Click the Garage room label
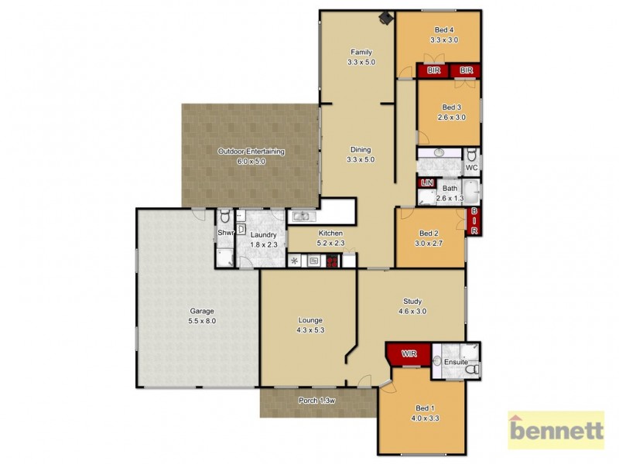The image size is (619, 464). [x=200, y=316]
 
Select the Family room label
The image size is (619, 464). [x=361, y=57]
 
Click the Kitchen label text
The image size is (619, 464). [x=330, y=238]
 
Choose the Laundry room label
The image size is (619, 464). [x=263, y=240]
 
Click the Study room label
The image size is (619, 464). [x=412, y=306]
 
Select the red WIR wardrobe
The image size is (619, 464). [x=408, y=355]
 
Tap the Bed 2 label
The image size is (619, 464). [x=429, y=238]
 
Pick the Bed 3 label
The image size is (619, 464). [x=451, y=112]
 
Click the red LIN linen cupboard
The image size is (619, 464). [x=426, y=183]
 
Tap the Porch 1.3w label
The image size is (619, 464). [x=316, y=401]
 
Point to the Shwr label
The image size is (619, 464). [x=224, y=233]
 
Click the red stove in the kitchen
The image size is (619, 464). [x=332, y=261]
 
